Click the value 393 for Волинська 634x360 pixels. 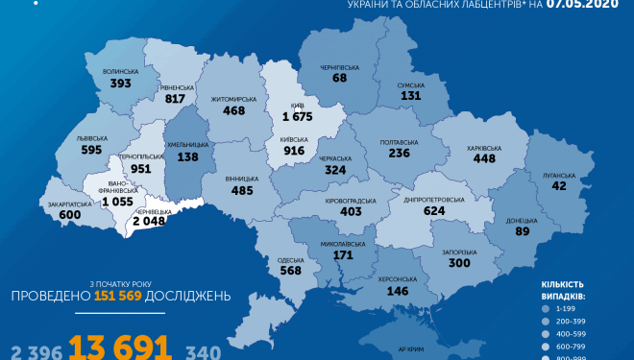click(x=120, y=83)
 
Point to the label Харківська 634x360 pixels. click(x=482, y=148)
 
